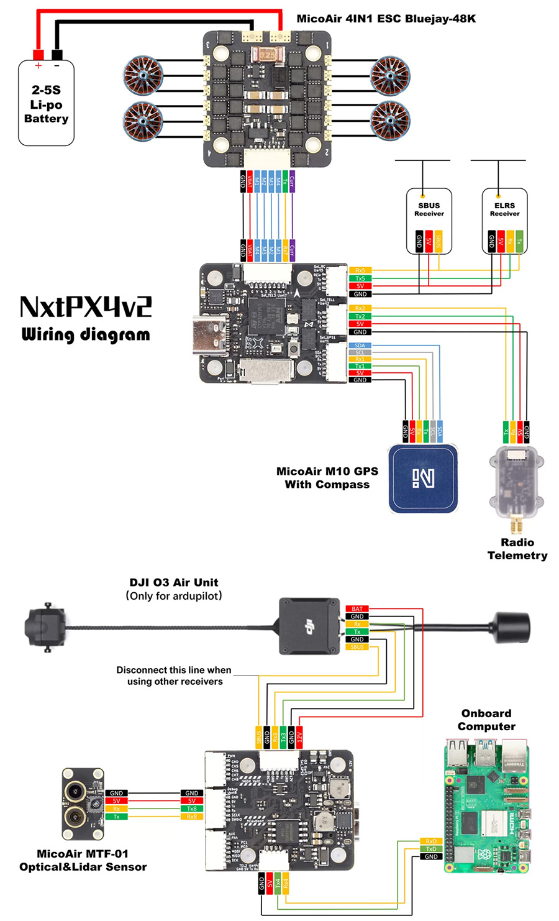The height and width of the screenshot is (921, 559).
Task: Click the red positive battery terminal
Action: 38,54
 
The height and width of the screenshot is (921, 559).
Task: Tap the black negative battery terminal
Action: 57,54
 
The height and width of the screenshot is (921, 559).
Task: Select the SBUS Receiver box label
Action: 429,209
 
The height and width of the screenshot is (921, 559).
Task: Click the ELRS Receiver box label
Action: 504,209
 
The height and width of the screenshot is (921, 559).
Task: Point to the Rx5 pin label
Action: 360,270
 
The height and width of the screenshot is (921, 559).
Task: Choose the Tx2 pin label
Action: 360,316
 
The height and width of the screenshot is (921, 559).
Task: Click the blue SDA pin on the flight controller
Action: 360,346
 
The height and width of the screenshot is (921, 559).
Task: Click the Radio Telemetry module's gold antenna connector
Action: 516,525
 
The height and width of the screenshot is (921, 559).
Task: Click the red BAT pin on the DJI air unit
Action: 357,609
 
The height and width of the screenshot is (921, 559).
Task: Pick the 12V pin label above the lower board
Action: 299,737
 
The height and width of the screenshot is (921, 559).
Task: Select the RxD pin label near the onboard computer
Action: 431,841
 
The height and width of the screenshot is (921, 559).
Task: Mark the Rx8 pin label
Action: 192,817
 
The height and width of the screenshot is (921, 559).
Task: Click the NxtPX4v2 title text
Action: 86,307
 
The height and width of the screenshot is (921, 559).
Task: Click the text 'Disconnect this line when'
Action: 174,670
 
